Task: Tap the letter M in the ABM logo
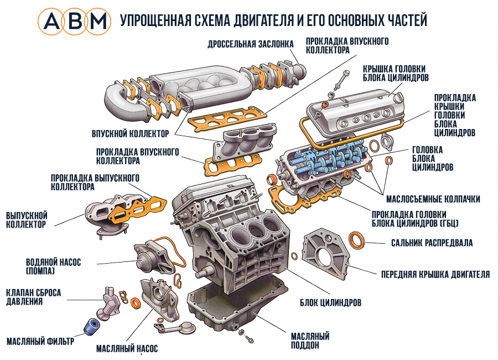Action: pyautogui.click(x=99, y=21)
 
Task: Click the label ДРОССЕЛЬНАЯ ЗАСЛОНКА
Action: pyautogui.click(x=247, y=44)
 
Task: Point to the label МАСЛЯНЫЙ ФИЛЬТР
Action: pyautogui.click(x=40, y=341)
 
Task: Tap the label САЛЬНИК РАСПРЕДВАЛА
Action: pyautogui.click(x=432, y=243)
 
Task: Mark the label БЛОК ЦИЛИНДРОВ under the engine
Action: pyautogui.click(x=330, y=303)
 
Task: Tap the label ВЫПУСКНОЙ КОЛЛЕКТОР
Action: pyautogui.click(x=27, y=219)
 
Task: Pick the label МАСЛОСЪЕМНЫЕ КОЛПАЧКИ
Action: pyautogui.click(x=432, y=198)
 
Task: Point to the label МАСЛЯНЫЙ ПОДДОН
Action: pyautogui.click(x=310, y=341)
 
